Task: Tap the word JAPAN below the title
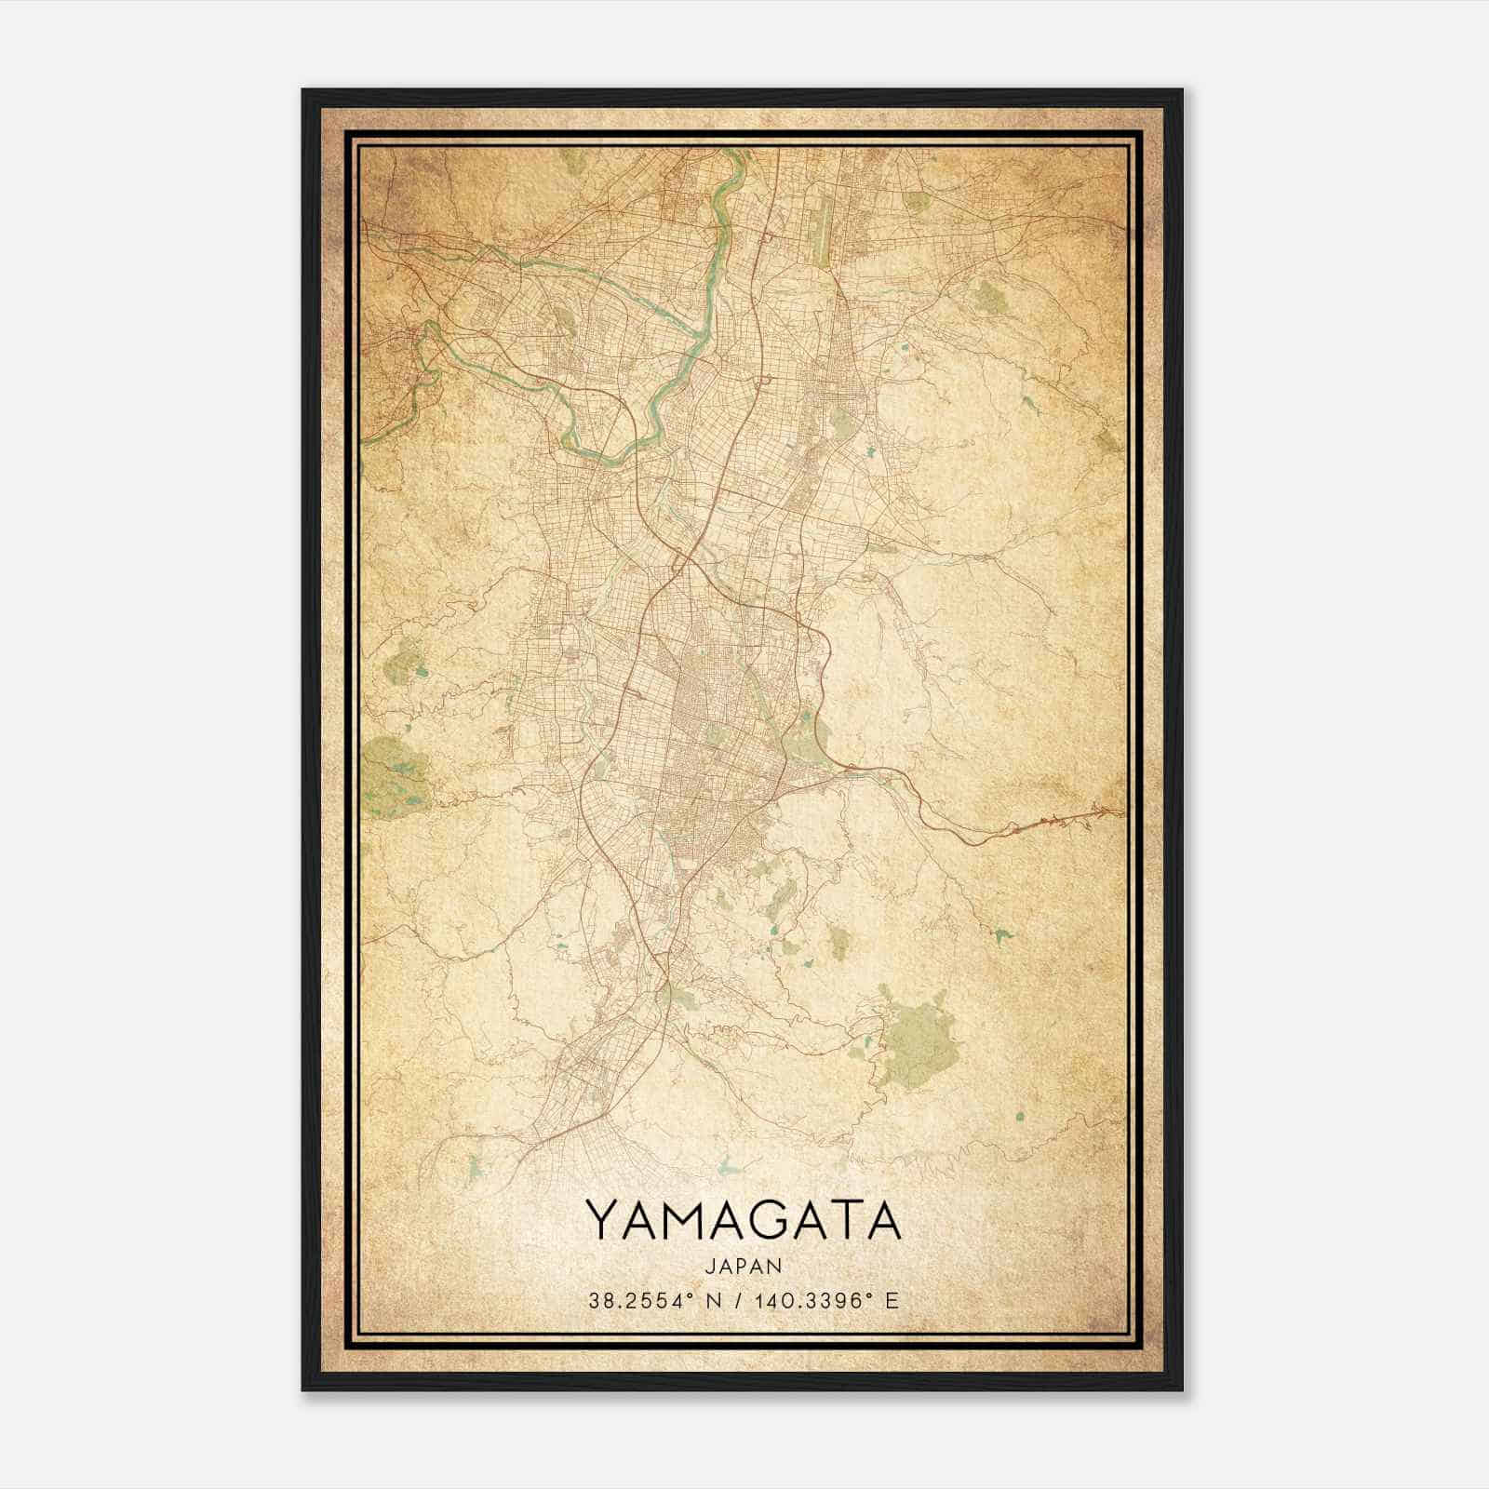[744, 1266]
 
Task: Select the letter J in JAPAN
[711, 1266]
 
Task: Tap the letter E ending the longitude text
[893, 1301]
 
